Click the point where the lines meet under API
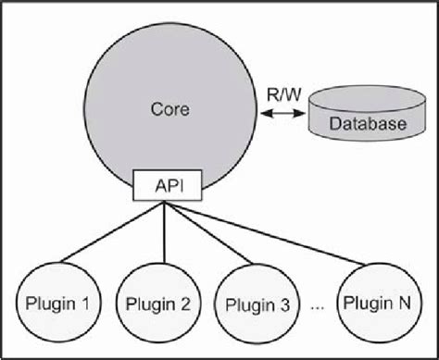(x=165, y=202)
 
